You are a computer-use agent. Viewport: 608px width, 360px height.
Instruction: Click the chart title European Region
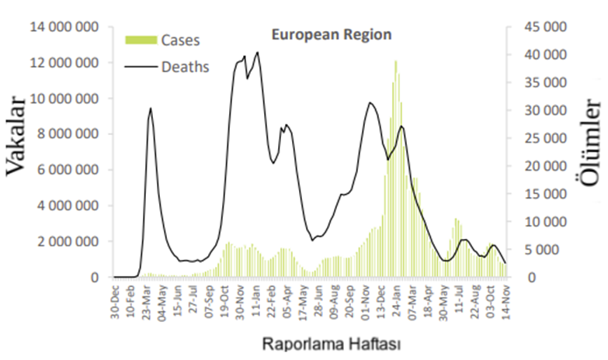coord(331,34)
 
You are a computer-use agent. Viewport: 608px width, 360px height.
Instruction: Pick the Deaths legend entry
coord(185,67)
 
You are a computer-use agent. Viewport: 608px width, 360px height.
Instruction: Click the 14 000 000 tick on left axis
coord(66,27)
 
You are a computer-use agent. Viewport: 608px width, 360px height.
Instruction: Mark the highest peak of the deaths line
coord(257,53)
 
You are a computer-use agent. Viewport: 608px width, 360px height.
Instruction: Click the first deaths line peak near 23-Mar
coord(151,109)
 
